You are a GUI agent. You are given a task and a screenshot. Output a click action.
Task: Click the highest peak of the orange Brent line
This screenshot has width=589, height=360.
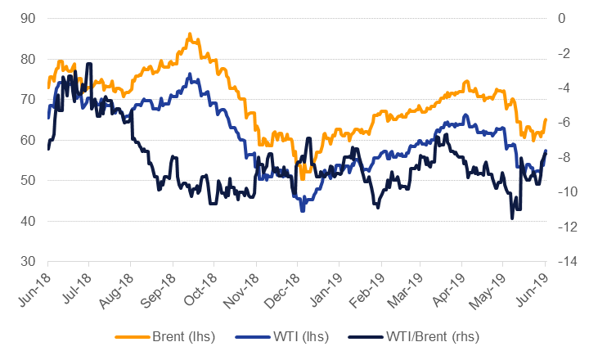click(x=189, y=34)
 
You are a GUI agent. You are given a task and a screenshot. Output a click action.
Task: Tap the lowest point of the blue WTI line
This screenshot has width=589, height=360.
click(x=302, y=211)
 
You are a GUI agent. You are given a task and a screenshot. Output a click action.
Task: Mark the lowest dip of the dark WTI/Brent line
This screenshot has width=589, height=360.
click(x=512, y=218)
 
